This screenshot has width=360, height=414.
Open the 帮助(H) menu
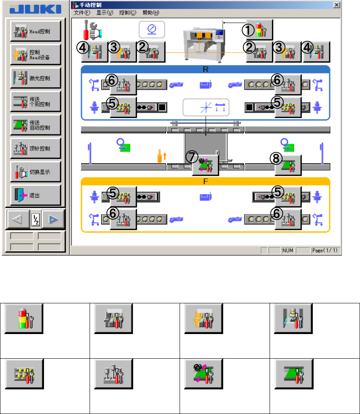[x=151, y=13]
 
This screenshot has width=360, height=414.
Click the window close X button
[x=336, y=5]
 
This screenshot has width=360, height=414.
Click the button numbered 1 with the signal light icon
[x=260, y=29]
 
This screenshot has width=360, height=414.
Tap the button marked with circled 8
[x=288, y=164]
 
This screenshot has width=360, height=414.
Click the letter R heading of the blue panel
[x=205, y=69]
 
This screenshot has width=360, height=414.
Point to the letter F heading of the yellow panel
[x=205, y=181]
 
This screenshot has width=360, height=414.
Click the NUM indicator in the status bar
[x=288, y=250]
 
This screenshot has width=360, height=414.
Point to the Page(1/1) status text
[x=325, y=250]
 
